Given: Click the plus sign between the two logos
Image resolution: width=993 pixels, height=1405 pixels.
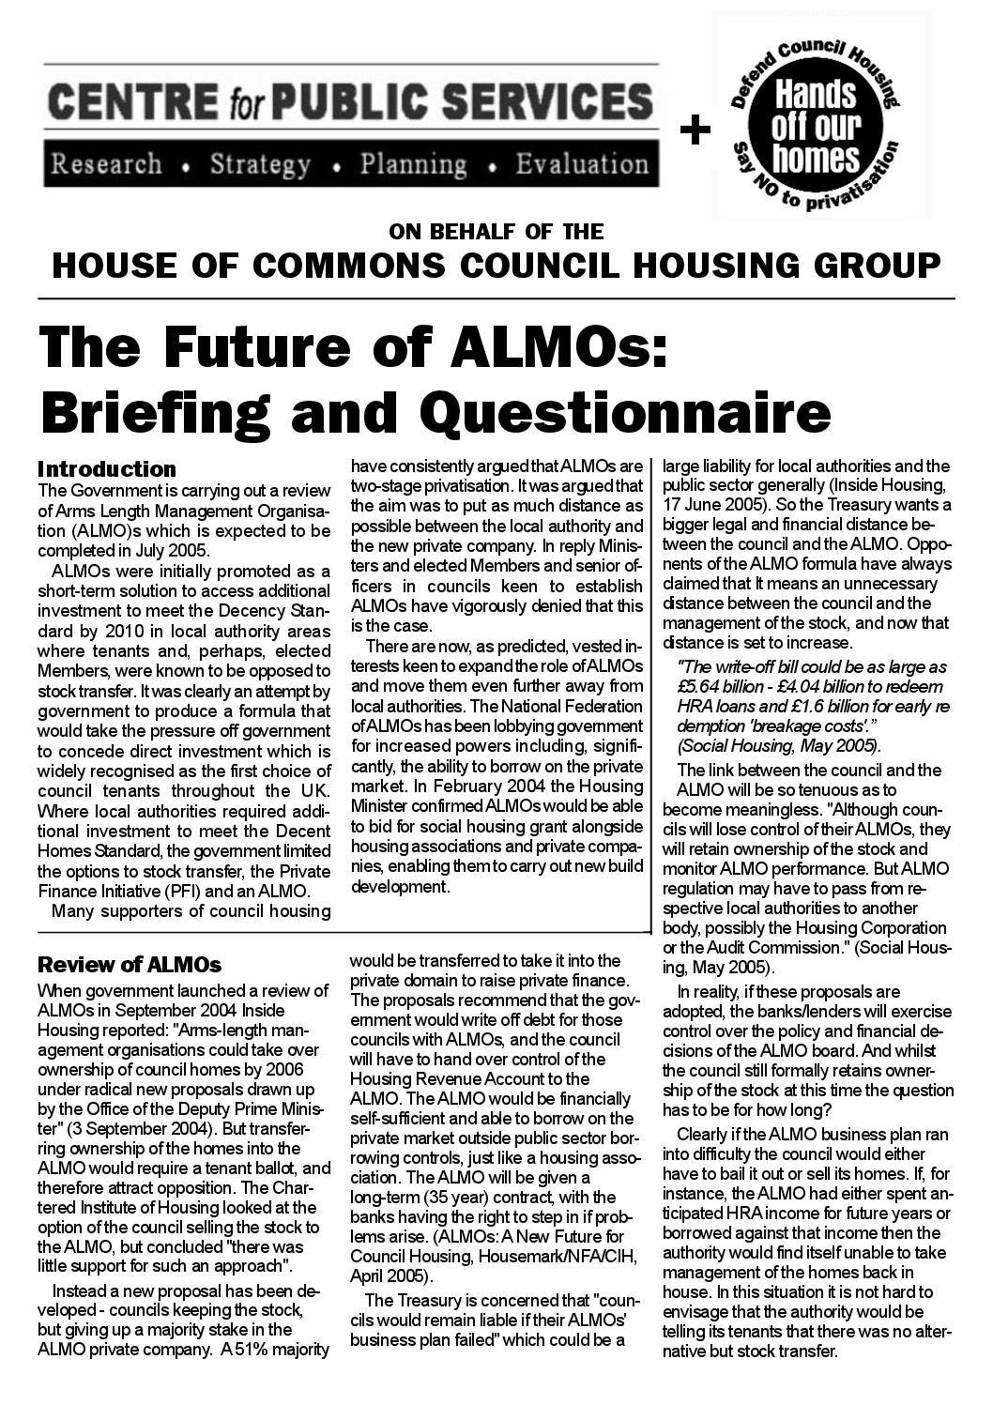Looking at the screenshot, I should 695,132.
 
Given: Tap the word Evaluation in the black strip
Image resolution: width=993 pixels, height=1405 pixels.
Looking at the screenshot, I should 581,165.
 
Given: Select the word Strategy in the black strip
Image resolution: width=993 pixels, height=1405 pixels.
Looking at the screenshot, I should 260,165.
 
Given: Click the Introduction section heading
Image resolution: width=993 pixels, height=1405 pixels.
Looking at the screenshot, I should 107,469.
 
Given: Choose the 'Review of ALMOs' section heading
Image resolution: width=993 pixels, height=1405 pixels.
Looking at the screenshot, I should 129,964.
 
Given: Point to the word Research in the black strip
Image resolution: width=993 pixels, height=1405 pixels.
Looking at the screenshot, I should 105,165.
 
